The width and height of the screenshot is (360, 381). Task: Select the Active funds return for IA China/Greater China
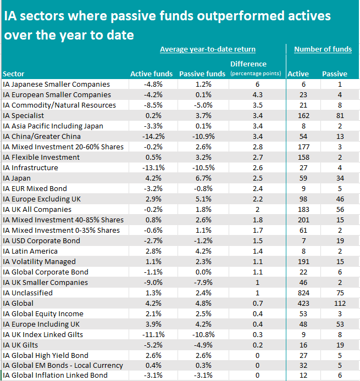coord(151,137)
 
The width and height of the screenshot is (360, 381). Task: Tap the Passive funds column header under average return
coord(202,74)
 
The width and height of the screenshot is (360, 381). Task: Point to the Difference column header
coord(256,64)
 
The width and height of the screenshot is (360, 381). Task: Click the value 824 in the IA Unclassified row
coord(298,293)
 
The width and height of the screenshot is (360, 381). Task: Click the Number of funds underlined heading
coord(323,49)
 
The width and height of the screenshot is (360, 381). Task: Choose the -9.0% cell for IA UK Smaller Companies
coord(151,283)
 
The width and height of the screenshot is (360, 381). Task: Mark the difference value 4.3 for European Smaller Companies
coord(256,95)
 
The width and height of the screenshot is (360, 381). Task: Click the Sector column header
coord(13,74)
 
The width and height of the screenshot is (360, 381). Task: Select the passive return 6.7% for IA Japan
coord(202,178)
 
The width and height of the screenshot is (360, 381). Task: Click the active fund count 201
coord(298,220)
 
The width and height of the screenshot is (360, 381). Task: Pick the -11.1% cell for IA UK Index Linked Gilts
coord(151,335)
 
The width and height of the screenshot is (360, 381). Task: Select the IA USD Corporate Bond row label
coord(41,241)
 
